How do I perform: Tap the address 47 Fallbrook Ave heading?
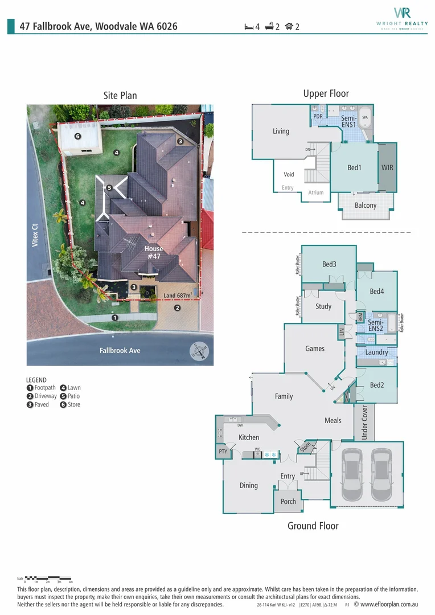99,26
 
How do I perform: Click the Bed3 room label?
329,264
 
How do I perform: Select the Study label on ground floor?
323,306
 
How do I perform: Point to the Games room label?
315,348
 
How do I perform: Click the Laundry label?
376,352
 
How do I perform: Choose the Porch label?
288,502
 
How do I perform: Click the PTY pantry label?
223,452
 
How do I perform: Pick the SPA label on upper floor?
366,117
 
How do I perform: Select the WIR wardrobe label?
387,168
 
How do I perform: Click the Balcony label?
366,205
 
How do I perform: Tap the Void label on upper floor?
289,175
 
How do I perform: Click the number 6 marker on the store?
78,136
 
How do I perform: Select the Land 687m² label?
178,296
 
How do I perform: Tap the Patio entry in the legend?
71,396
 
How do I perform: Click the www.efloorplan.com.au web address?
387,604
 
